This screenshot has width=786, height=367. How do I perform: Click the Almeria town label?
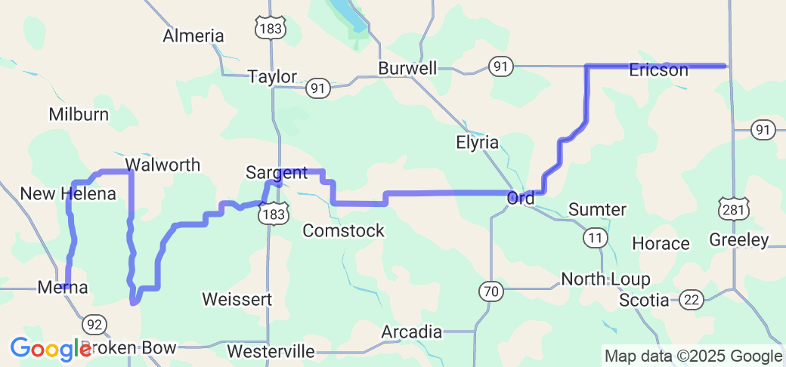coord(194,35)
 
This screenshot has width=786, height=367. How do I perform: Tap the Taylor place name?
coord(272,76)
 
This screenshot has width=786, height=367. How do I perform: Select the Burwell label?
coord(408,69)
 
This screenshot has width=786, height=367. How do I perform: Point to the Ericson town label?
coord(658,70)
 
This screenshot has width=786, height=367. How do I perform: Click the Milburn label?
coord(79,115)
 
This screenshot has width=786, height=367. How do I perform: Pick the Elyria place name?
coord(478,142)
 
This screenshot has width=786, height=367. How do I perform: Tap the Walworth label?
coord(162,165)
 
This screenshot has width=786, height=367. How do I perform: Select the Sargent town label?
coord(277,172)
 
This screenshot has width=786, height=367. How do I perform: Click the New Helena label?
coord(68,194)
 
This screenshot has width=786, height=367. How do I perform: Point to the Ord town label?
coord(521,198)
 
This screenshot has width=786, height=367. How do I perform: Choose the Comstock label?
coord(344,231)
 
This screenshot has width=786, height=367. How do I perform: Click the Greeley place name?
coord(739,241)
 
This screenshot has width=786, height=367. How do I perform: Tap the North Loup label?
coord(605,279)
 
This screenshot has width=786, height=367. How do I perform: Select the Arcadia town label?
coord(411,332)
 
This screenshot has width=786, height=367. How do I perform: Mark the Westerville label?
coord(271,351)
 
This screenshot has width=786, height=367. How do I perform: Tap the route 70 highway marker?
coord(490,289)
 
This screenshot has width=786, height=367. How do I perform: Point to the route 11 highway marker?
coord(595,238)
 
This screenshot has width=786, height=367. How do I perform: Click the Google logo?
coord(50,349)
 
